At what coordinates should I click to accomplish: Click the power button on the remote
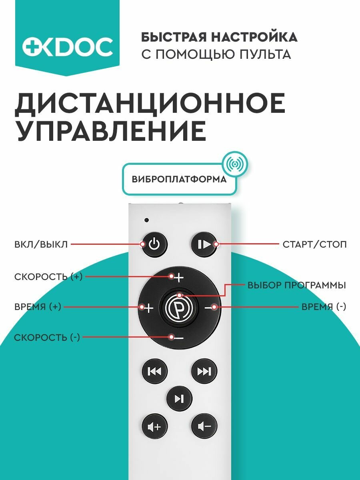[154, 244]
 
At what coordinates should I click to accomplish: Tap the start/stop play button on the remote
[204, 244]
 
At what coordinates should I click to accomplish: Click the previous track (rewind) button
[154, 372]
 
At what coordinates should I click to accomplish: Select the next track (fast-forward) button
[204, 372]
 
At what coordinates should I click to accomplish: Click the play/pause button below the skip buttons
[179, 398]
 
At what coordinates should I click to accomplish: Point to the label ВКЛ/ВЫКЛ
[41, 244]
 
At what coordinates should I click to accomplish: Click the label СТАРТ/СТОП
[314, 244]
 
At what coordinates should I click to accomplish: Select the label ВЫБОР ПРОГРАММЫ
[297, 286]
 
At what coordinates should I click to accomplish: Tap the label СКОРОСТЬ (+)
[48, 276]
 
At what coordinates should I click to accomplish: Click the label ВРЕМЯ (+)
[38, 307]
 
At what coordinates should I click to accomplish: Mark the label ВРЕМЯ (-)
[324, 307]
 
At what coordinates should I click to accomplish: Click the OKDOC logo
[67, 47]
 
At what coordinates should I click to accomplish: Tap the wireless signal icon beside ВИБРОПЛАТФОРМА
[235, 164]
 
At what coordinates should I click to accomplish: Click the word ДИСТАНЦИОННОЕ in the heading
[150, 103]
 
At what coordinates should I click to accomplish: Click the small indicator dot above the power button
[147, 220]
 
